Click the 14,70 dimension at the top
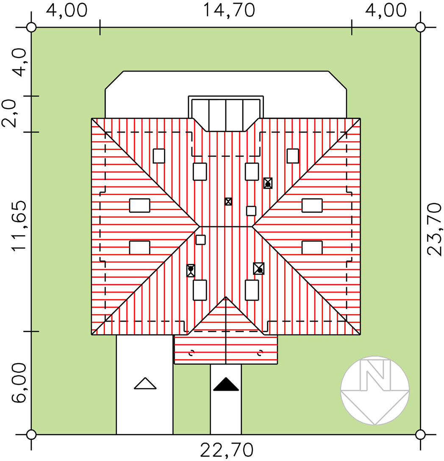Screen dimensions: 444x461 pyautogui.click(x=229, y=11)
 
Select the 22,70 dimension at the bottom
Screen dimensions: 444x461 pyautogui.click(x=227, y=450)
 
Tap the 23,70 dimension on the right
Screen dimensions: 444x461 pyautogui.click(x=435, y=229)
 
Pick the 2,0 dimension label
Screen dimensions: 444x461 pyautogui.click(x=9, y=114)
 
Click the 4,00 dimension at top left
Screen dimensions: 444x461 pyautogui.click(x=67, y=11)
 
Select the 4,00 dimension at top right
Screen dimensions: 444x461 pyautogui.click(x=386, y=11)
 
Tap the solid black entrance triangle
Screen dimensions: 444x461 pyautogui.click(x=226, y=384)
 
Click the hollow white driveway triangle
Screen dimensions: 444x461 pyautogui.click(x=145, y=383)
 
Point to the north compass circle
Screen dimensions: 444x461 pyautogui.click(x=375, y=390)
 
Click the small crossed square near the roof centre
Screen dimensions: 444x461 pyautogui.click(x=228, y=201)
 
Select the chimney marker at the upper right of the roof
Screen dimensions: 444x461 pyautogui.click(x=268, y=183)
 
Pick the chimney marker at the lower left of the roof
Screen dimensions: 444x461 pyautogui.click(x=191, y=270)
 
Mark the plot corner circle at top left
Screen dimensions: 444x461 pyautogui.click(x=31, y=28)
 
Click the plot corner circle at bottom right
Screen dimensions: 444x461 pyautogui.click(x=420, y=434)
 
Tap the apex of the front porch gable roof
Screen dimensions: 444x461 pyautogui.click(x=226, y=297)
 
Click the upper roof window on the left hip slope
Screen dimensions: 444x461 pyautogui.click(x=140, y=206)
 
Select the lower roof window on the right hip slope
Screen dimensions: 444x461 pyautogui.click(x=312, y=247)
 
